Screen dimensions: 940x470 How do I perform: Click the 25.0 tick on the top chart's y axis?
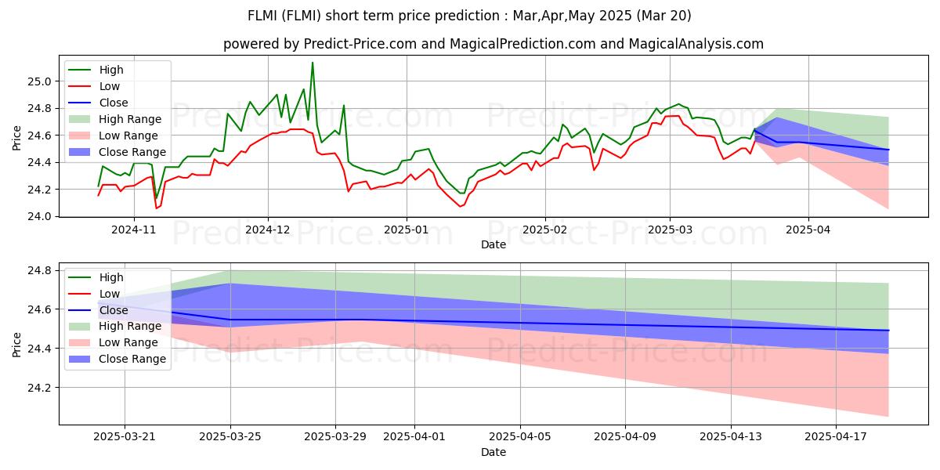point(39,81)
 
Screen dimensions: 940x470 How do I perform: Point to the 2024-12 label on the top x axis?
point(268,230)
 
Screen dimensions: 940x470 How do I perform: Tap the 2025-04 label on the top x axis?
point(808,230)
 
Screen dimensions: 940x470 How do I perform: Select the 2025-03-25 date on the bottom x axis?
point(230,436)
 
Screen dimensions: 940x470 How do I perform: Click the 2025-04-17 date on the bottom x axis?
point(836,436)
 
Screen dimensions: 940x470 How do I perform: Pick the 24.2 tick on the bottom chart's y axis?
point(39,388)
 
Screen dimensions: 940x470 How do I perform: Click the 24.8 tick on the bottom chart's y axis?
point(39,271)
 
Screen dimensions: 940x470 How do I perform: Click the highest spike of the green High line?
point(313,63)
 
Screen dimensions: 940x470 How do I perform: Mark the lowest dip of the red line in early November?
point(157,208)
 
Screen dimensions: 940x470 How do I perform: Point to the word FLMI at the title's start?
point(262,16)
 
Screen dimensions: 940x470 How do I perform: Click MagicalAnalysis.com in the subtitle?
point(696,44)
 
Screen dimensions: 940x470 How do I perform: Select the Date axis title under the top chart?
point(493,244)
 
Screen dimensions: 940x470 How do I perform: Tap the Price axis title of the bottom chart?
point(16,345)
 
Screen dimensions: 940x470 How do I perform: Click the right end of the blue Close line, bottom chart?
point(888,331)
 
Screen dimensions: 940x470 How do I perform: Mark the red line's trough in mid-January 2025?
point(461,206)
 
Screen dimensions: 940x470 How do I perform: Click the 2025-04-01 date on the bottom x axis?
point(414,436)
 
